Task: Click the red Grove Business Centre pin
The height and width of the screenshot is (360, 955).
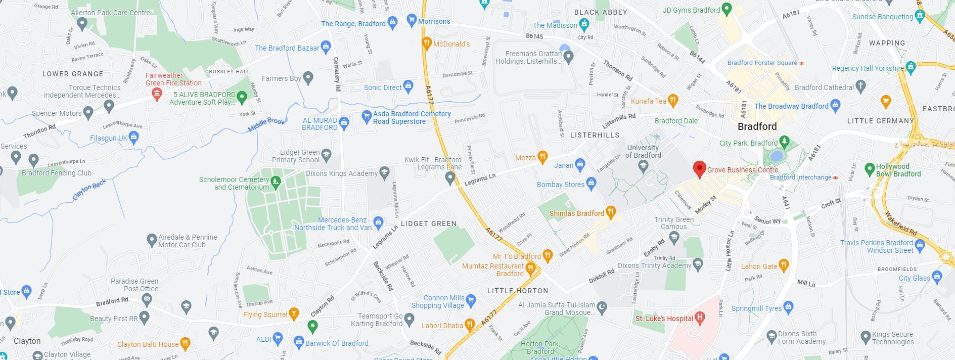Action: point(699,169)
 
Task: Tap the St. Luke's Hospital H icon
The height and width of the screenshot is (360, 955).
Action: point(700,318)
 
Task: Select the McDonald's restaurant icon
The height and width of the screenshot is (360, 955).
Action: point(427,43)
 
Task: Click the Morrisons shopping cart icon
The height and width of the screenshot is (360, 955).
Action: point(411,21)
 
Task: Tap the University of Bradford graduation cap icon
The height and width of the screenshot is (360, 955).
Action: point(643,165)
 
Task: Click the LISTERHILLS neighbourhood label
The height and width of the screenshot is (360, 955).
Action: point(595,135)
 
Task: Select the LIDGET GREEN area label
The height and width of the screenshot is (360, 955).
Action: point(428,223)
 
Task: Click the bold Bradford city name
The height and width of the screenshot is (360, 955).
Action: point(757,126)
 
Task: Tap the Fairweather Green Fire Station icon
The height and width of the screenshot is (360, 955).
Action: point(157,93)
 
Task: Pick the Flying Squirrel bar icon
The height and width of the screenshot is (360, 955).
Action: point(294,314)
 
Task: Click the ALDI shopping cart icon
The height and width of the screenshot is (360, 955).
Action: point(278,339)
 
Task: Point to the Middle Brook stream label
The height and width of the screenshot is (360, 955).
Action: point(266,124)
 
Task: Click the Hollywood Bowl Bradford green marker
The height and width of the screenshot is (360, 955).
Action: point(870,169)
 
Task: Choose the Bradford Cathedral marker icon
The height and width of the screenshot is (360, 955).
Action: point(860,87)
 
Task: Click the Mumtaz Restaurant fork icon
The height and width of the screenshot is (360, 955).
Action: point(530,268)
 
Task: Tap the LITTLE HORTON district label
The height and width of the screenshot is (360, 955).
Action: point(517,291)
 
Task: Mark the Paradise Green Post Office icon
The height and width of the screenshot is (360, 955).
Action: point(147,299)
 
